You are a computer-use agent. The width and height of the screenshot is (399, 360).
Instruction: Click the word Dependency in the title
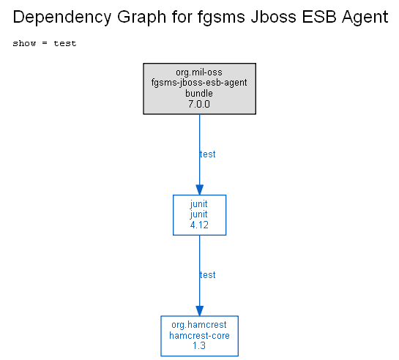[x=61, y=18]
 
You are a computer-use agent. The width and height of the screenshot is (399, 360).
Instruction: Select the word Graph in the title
[x=142, y=18]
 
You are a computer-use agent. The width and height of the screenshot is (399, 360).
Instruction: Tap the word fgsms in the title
[x=221, y=18]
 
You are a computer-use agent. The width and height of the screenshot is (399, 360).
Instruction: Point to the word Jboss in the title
[x=274, y=17]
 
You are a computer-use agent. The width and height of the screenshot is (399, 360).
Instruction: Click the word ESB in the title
[x=319, y=17]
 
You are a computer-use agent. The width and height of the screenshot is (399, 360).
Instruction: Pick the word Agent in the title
[x=365, y=18]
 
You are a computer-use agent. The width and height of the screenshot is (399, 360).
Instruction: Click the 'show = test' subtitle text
[x=45, y=43]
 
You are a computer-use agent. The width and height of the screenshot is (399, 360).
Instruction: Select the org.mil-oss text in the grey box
[x=199, y=72]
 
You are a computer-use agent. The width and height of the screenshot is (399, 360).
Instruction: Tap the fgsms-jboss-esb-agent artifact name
[x=199, y=83]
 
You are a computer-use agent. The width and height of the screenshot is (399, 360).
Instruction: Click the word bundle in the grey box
[x=199, y=94]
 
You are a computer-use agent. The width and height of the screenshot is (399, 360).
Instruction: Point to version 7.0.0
[x=199, y=104]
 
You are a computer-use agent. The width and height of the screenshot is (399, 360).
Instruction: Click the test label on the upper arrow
[x=208, y=154]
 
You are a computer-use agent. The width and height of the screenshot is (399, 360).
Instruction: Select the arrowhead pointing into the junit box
[x=199, y=190]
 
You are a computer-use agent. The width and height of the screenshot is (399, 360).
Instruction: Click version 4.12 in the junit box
[x=199, y=225]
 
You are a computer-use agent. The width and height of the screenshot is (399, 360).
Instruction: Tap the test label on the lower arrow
[x=208, y=275]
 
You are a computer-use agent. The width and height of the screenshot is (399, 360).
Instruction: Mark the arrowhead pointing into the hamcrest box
[x=199, y=311]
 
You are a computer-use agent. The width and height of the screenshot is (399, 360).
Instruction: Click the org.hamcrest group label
[x=199, y=325]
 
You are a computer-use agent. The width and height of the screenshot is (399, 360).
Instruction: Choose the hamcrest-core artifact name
[x=199, y=336]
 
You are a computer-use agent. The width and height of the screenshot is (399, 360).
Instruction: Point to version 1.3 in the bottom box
[x=199, y=346]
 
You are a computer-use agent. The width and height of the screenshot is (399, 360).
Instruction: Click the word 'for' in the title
[x=182, y=17]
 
